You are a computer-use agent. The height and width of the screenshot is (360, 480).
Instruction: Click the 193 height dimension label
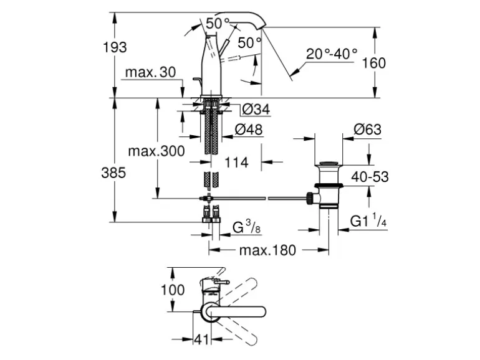click(115, 47)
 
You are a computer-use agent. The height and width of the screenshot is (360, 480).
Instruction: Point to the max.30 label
click(150, 73)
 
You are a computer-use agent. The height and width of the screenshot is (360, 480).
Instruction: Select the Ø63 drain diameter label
click(367, 130)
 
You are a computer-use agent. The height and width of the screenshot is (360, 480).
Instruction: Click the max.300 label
click(156, 151)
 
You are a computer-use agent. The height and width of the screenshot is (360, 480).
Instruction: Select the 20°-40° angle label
click(332, 53)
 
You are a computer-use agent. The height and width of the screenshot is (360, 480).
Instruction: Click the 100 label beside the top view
click(172, 290)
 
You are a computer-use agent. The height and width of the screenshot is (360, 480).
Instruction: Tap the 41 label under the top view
click(201, 341)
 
